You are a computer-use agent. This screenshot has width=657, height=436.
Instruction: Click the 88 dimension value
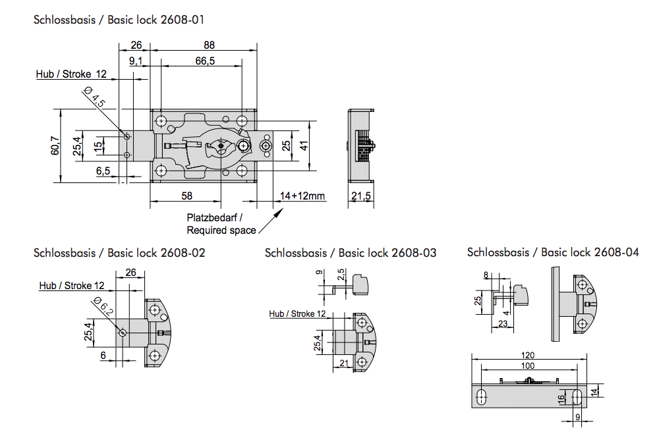click(x=209, y=45)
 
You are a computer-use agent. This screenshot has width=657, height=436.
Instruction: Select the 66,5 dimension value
click(x=205, y=61)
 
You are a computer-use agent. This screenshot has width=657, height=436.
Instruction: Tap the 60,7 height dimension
click(x=55, y=145)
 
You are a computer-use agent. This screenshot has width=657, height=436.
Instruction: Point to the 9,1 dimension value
click(x=136, y=61)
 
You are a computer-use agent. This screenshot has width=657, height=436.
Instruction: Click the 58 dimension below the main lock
click(x=186, y=196)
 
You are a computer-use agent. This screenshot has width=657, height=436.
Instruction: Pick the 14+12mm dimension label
click(x=302, y=196)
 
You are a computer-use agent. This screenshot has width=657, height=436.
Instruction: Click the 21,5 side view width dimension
click(x=360, y=196)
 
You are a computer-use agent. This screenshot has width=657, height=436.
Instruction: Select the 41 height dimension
click(x=304, y=146)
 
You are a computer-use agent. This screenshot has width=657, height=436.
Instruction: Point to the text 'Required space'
click(x=221, y=231)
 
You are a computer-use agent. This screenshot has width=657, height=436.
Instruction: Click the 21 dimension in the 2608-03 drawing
click(x=344, y=364)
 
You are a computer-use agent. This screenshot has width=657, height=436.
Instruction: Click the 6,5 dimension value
click(x=103, y=171)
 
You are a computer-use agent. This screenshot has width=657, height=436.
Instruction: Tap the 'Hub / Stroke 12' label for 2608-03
click(x=297, y=314)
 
